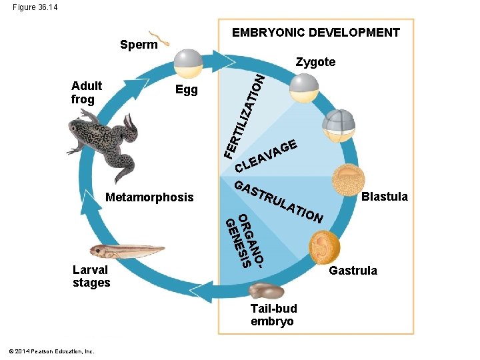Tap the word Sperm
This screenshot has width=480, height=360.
[139, 45]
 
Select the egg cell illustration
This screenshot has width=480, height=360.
[188, 63]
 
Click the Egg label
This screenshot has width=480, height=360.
[186, 90]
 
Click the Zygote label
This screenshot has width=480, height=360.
[315, 62]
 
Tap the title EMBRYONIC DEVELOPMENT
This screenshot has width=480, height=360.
[315, 33]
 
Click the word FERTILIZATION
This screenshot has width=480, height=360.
[244, 116]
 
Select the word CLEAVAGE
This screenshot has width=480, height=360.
[270, 155]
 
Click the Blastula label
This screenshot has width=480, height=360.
[384, 197]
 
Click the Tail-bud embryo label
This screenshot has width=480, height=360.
[273, 315]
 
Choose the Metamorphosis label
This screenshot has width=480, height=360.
[149, 197]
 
